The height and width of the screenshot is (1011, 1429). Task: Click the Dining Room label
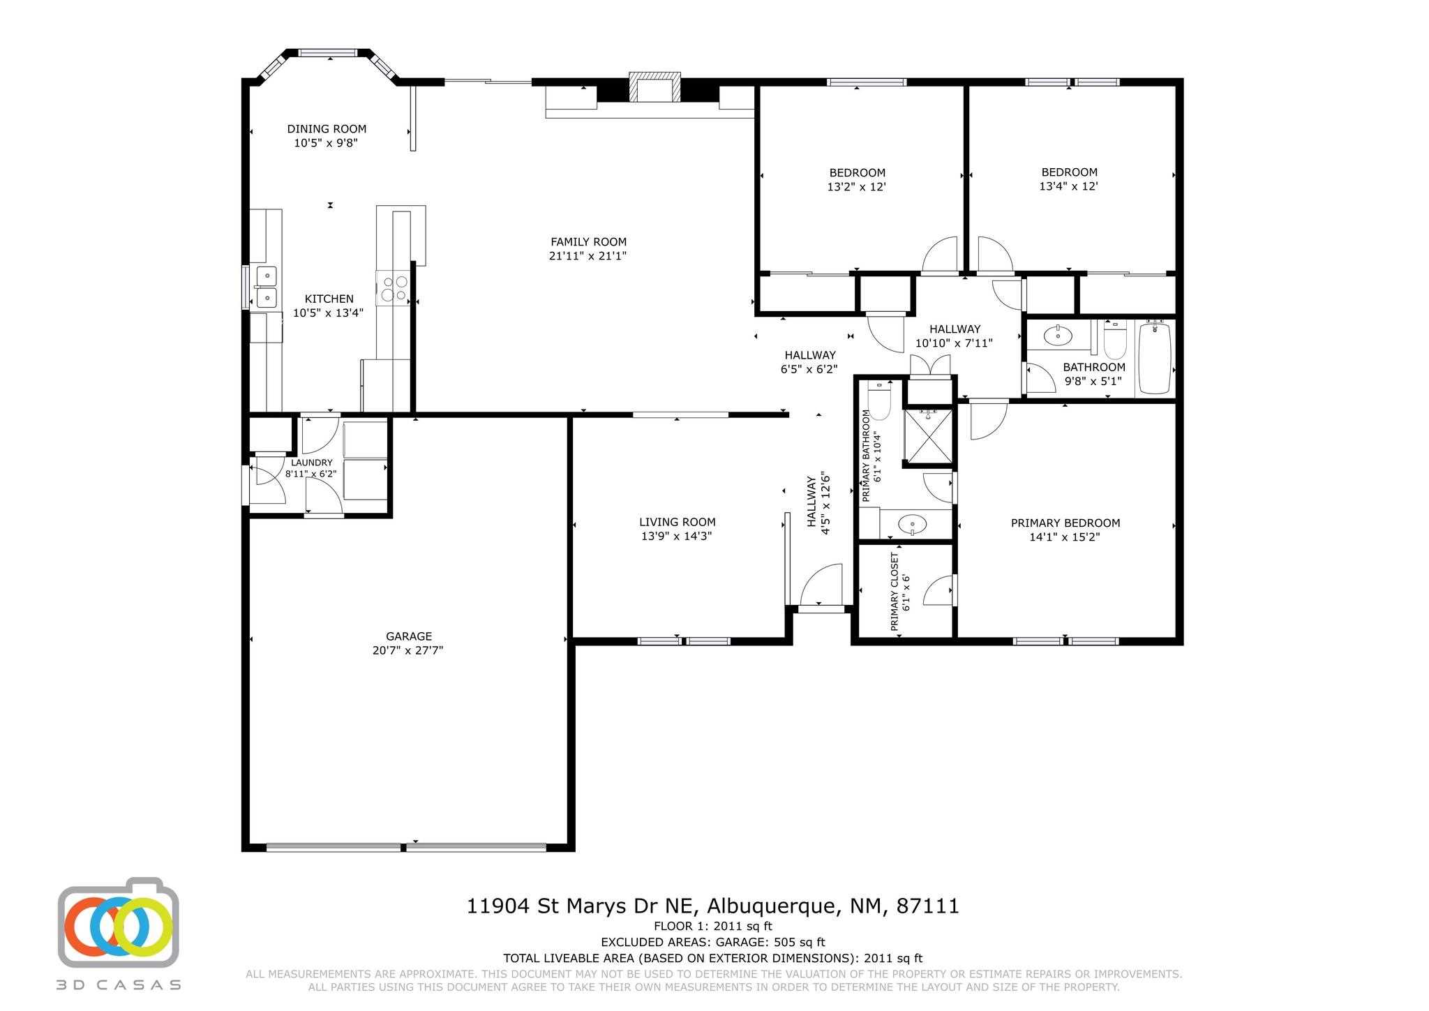pos(327,129)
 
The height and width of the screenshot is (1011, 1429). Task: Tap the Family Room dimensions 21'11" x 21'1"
pos(588,256)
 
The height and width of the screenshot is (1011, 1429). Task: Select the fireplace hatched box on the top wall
pos(654,87)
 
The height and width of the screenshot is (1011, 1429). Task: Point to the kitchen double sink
pos(267,287)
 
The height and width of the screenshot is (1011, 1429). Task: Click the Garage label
pos(409,636)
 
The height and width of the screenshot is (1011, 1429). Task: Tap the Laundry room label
pos(312,463)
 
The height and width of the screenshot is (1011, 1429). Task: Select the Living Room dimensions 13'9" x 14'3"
pos(677,537)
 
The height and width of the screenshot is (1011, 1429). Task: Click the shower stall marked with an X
pos(927,436)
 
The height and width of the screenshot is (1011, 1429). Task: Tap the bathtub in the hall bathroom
pos(1156,357)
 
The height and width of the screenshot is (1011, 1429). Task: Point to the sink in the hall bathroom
pos(1058,336)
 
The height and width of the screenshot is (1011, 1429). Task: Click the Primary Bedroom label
pos(1065,523)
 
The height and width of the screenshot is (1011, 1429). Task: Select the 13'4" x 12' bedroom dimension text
pos(1069,186)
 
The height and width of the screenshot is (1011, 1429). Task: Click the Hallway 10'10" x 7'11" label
pos(954,336)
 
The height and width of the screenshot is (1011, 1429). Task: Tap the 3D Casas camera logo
pos(119,922)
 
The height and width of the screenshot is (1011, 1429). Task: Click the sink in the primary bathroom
pos(911,524)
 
